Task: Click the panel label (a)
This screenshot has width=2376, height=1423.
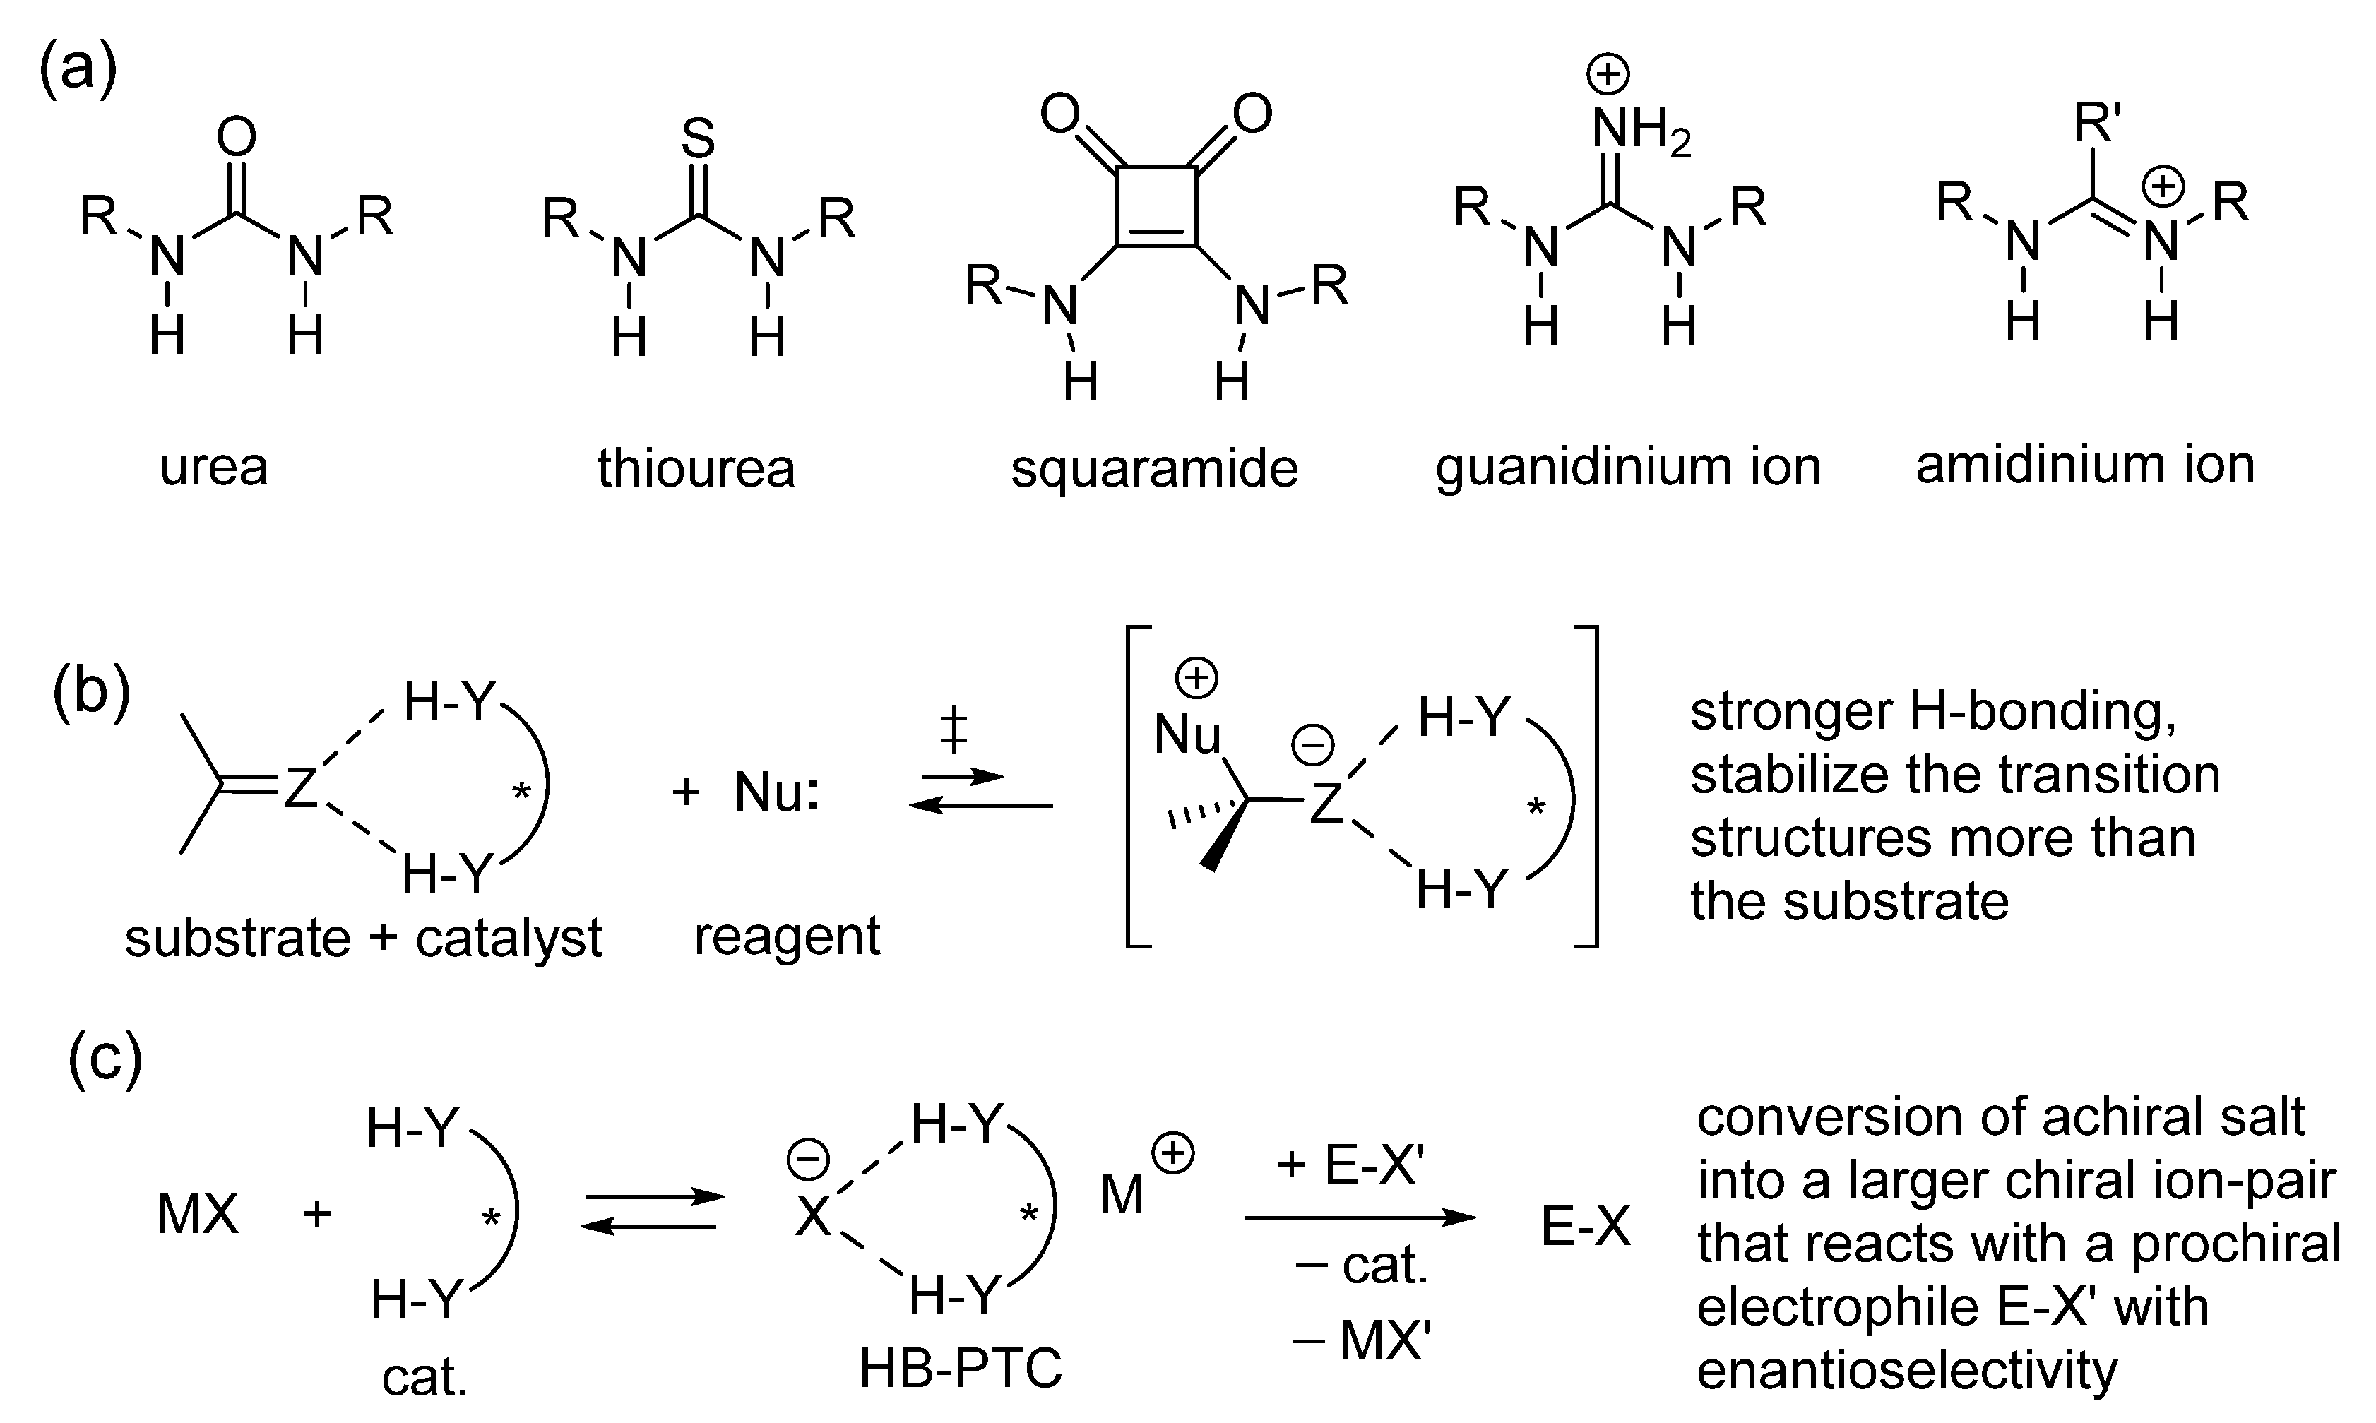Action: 78,69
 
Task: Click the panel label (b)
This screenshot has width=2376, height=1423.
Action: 91,692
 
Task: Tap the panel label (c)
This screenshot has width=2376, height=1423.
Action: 105,1058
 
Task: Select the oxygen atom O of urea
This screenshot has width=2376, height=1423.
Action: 236,137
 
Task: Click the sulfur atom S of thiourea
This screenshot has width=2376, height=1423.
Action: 698,139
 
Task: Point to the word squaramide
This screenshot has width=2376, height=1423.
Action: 1154,469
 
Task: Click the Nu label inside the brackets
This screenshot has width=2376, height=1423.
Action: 1187,735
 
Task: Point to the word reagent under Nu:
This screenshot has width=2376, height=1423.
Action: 786,936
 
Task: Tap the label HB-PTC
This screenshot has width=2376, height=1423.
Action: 961,1367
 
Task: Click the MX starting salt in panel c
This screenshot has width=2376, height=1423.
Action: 196,1215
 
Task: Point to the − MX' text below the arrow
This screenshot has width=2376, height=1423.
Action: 1362,1340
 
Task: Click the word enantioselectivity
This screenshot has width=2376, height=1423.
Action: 1906,1370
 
